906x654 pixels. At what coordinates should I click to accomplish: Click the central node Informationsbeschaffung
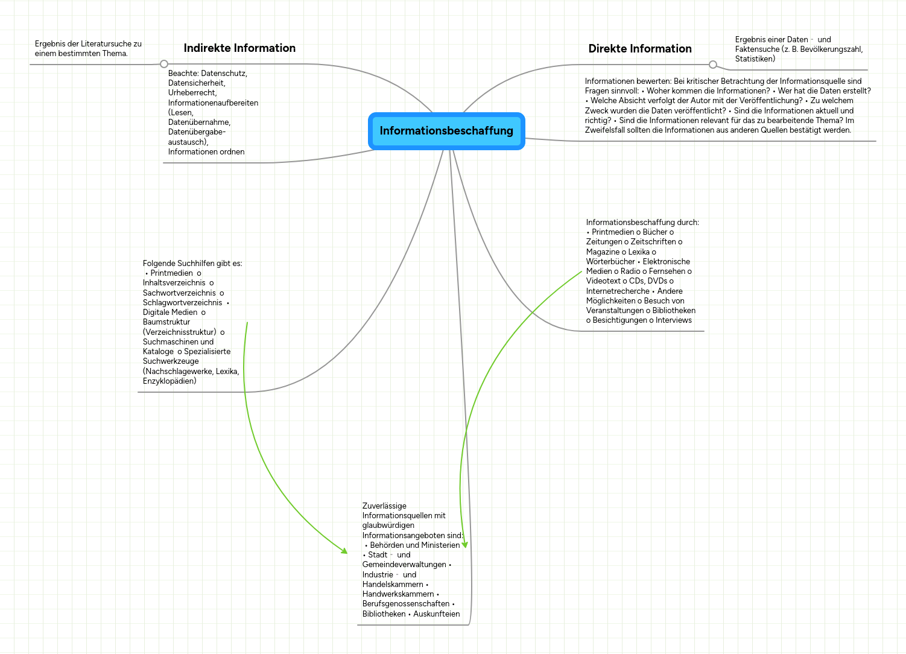click(x=446, y=131)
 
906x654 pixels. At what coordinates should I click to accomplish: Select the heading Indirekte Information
click(x=239, y=48)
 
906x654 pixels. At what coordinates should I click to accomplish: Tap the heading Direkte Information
click(x=640, y=48)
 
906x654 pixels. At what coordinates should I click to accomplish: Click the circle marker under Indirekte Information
click(x=164, y=64)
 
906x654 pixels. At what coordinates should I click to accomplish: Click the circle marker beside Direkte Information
click(x=712, y=65)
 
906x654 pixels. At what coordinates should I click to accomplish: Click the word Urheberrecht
click(x=192, y=93)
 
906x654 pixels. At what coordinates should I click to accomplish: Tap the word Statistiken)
click(x=755, y=59)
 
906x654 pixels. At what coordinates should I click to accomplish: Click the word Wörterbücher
click(x=610, y=262)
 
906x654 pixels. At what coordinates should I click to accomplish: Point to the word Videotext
click(x=603, y=281)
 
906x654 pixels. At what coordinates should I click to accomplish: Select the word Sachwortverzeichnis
click(x=179, y=293)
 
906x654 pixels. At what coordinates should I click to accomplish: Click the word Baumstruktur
click(x=166, y=322)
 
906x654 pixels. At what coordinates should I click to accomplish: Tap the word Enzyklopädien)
click(x=169, y=381)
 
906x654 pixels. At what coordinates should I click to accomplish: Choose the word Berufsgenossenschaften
click(x=406, y=604)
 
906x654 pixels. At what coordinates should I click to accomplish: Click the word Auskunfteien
click(x=437, y=614)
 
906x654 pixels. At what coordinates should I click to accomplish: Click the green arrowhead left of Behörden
click(x=344, y=551)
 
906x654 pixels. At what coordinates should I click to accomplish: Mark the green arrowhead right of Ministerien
click(x=464, y=545)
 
